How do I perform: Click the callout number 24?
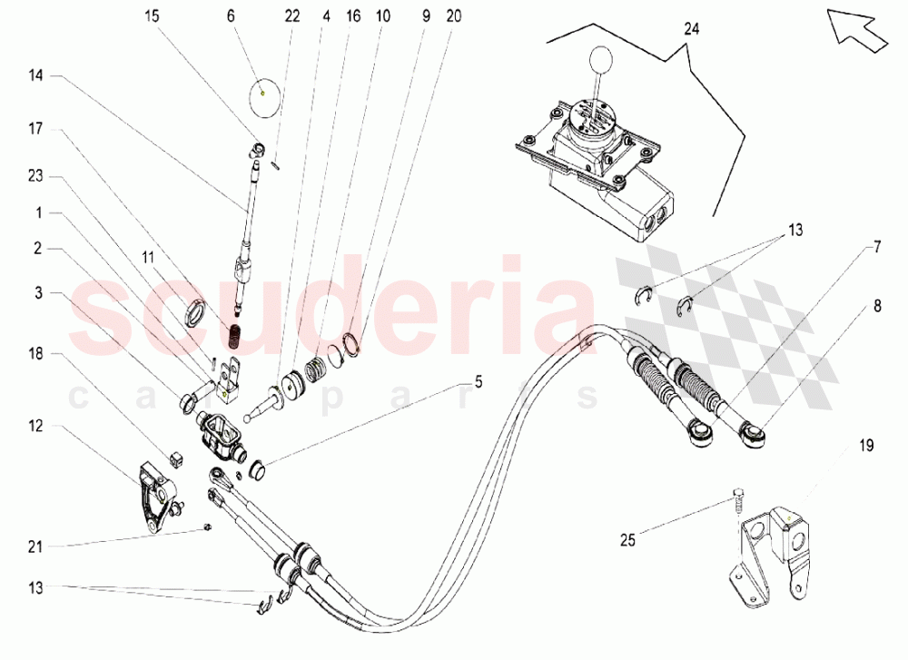tap(693, 29)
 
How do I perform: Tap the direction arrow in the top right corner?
tap(858, 28)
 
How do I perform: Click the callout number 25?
tap(627, 540)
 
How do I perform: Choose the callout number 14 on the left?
tap(36, 77)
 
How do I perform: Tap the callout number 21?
tap(36, 546)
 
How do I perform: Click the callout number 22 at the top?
tap(291, 16)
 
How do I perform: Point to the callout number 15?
tap(152, 16)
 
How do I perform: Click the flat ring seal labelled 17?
tap(195, 314)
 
